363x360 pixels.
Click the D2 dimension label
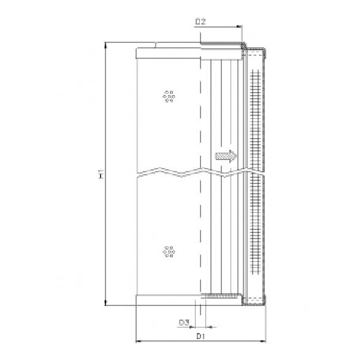point(200,22)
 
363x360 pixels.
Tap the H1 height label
point(100,175)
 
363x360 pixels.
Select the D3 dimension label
point(183,321)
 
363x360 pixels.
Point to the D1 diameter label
point(200,336)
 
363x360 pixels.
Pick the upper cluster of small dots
point(169,96)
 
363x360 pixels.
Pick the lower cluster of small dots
point(169,251)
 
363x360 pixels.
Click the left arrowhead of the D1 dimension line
point(137,340)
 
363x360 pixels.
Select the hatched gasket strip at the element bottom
point(222,297)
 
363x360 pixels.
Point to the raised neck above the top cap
point(178,45)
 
